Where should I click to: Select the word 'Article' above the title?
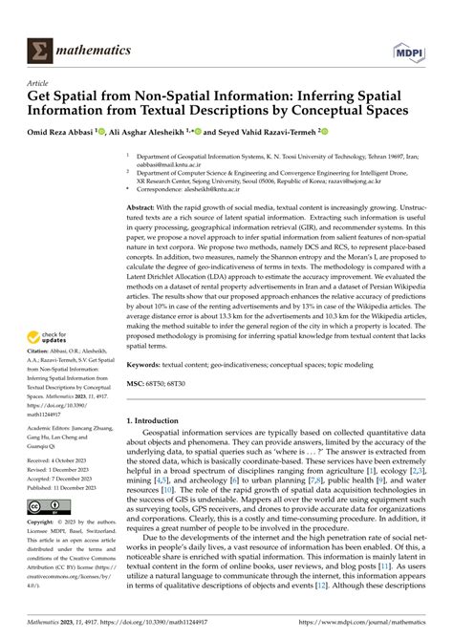click(38, 83)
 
